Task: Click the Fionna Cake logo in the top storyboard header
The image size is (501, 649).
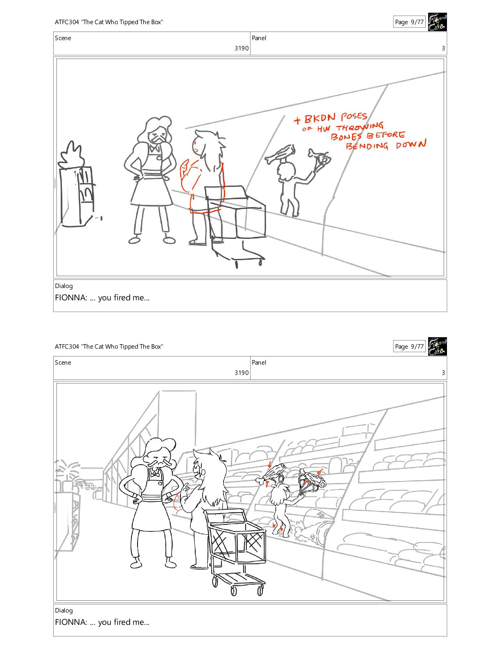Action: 437,22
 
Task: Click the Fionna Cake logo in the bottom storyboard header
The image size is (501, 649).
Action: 437,346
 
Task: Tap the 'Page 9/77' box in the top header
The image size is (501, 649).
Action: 409,22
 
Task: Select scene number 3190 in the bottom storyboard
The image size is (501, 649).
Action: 241,372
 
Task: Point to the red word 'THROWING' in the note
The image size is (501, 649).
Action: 359,127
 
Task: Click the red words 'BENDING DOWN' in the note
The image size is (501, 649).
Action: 386,145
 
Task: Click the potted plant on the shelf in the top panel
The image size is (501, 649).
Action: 72,155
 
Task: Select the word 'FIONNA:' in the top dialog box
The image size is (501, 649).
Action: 71,297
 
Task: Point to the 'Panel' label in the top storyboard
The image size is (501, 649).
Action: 259,38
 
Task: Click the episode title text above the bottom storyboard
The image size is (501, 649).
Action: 109,347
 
